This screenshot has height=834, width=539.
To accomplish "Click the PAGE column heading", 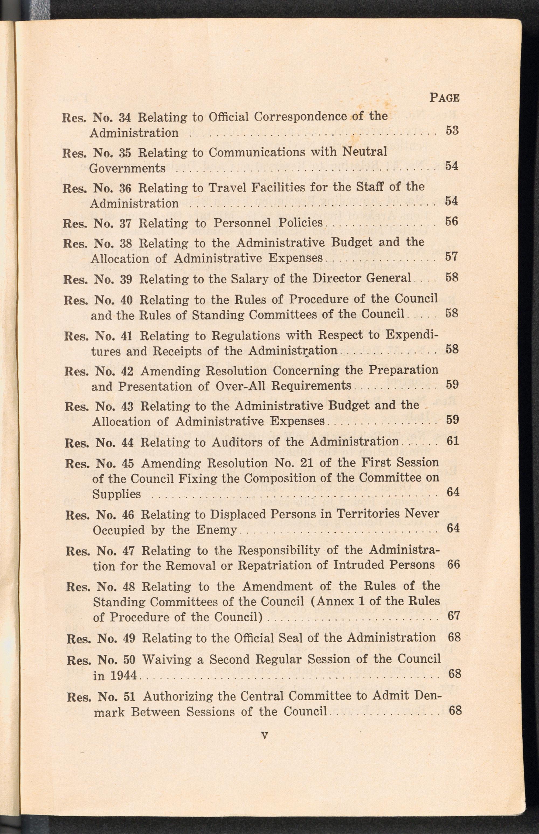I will click(x=444, y=97).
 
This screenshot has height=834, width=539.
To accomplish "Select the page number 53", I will click(x=452, y=131).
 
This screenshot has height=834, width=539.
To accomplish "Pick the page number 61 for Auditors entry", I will click(x=452, y=441).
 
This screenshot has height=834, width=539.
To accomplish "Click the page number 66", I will click(x=453, y=564).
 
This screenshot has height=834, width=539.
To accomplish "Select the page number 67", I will click(x=454, y=616).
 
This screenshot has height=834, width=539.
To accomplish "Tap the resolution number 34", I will click(x=125, y=117).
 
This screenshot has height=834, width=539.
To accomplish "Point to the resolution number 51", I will click(x=129, y=687).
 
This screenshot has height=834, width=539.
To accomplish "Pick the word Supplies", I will click(x=116, y=494).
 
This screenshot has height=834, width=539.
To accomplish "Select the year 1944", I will click(x=123, y=675).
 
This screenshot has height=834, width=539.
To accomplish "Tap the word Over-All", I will click(x=241, y=386).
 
